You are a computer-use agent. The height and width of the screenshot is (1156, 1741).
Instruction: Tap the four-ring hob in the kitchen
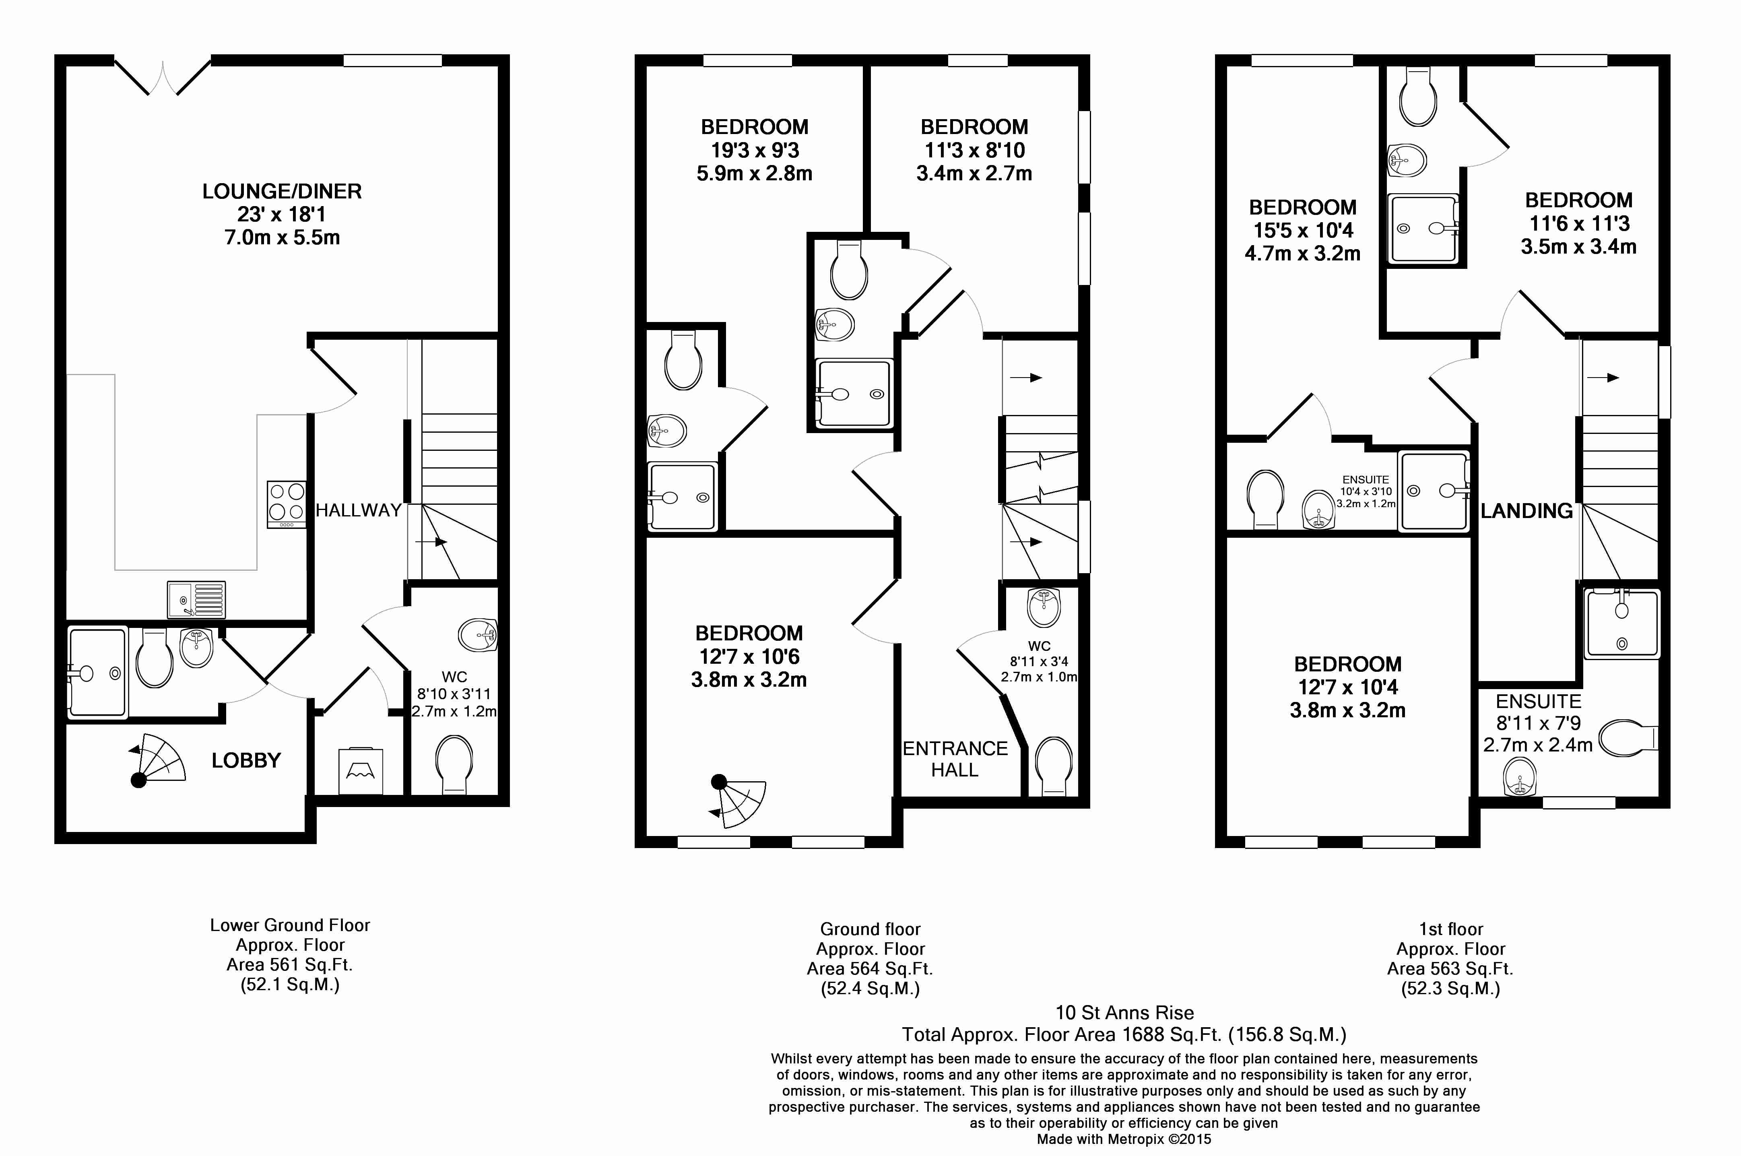[x=287, y=504]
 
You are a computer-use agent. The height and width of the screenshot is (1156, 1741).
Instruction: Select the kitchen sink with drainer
[x=196, y=599]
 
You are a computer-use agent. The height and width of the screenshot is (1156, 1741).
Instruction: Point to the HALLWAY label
[x=358, y=510]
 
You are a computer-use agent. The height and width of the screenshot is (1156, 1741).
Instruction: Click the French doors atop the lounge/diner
[x=163, y=76]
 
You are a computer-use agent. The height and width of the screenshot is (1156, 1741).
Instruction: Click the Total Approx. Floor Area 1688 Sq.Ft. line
[x=1124, y=1034]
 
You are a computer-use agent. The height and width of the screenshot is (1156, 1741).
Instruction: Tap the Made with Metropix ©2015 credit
[x=1124, y=1139]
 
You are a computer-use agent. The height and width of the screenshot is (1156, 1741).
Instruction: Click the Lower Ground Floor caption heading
[x=290, y=925]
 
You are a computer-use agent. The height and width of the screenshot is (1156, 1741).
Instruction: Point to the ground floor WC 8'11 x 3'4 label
[x=1039, y=661]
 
